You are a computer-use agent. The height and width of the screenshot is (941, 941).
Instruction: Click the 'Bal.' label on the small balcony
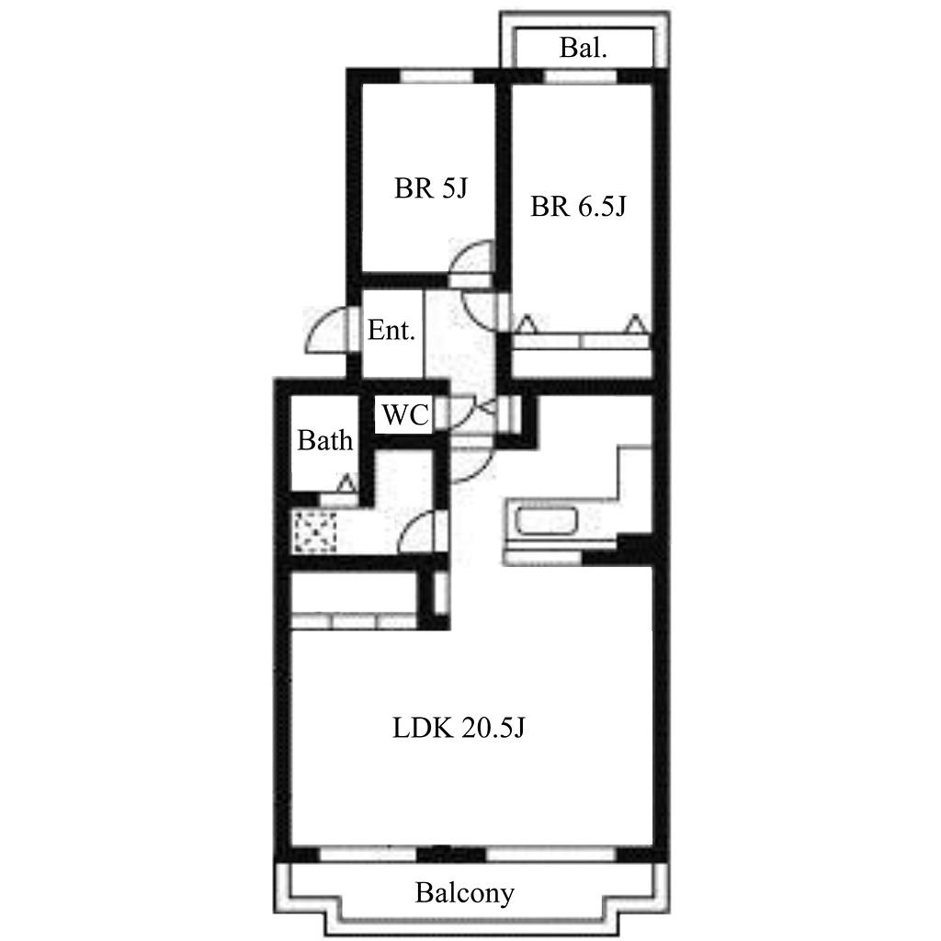point(583,48)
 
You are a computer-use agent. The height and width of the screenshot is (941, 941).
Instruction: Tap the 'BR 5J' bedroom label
point(430,187)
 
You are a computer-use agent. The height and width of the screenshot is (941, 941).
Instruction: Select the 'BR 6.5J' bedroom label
point(578,207)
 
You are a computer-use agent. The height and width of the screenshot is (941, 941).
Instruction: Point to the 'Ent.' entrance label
point(391,330)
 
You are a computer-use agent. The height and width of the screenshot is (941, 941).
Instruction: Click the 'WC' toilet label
point(405,414)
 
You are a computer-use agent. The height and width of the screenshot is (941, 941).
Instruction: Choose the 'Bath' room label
point(324,440)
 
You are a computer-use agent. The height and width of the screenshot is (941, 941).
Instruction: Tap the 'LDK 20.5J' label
point(459,728)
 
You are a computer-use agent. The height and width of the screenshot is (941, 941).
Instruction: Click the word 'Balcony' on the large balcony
point(464,893)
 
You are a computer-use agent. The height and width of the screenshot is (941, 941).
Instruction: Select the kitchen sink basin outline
point(547,521)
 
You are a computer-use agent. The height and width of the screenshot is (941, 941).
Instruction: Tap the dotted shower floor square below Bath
point(314,532)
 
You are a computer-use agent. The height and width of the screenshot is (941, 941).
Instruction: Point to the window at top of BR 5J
point(436,76)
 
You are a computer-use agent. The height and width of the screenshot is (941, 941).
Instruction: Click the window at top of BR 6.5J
point(582,76)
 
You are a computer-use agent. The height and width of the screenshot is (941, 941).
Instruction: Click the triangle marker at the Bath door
point(346,482)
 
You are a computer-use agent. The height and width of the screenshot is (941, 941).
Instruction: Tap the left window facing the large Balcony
point(368,853)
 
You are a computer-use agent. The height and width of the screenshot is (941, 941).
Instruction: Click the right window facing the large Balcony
point(551,853)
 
